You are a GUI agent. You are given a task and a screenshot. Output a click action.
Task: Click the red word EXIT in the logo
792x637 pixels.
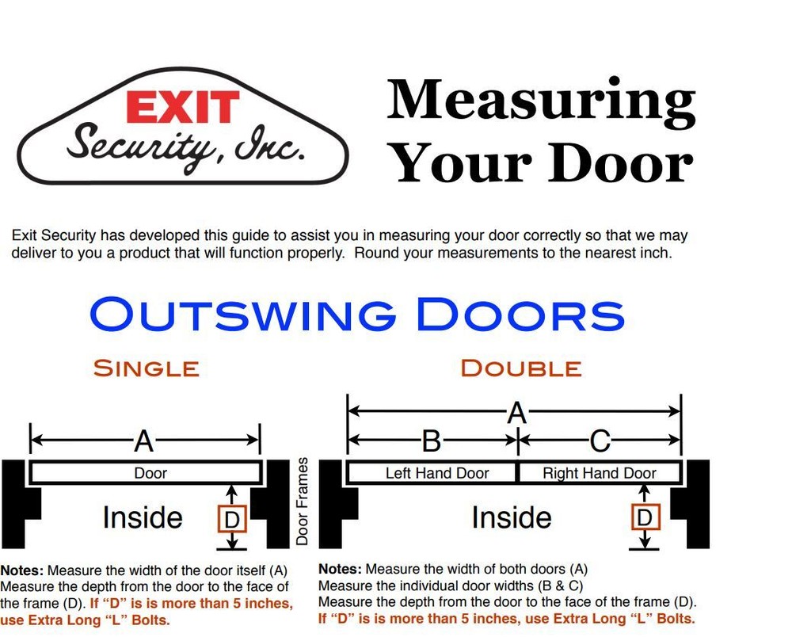(x=183, y=108)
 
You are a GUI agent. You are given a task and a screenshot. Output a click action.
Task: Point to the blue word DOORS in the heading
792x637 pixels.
(x=520, y=315)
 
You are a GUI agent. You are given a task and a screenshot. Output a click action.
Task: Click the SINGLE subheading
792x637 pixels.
(x=146, y=368)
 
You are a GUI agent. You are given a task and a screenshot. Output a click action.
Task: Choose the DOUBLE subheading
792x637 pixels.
(x=520, y=368)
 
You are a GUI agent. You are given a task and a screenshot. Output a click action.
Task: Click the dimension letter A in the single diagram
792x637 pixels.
(x=143, y=441)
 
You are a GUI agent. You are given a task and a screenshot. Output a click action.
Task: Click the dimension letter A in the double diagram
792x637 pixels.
(x=516, y=412)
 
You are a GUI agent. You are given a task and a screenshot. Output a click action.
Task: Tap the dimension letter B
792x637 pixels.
(x=431, y=441)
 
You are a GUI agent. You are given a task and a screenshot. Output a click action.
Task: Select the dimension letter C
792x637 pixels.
(x=600, y=441)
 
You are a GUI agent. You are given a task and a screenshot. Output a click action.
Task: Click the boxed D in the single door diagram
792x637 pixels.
(x=232, y=519)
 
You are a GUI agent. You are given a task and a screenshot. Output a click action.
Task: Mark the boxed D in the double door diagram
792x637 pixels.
(x=646, y=517)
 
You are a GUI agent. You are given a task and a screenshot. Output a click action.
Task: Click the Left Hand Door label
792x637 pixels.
(x=437, y=473)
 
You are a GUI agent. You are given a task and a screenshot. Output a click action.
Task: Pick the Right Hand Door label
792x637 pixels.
(x=600, y=473)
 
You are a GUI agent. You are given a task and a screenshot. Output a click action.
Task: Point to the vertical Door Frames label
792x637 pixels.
(x=302, y=501)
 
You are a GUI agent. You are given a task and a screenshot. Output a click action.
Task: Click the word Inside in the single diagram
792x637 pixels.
(x=143, y=517)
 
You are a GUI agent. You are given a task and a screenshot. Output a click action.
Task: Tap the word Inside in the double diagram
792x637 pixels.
(x=512, y=517)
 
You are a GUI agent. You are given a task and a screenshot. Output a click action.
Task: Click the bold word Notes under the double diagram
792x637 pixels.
(x=340, y=569)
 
